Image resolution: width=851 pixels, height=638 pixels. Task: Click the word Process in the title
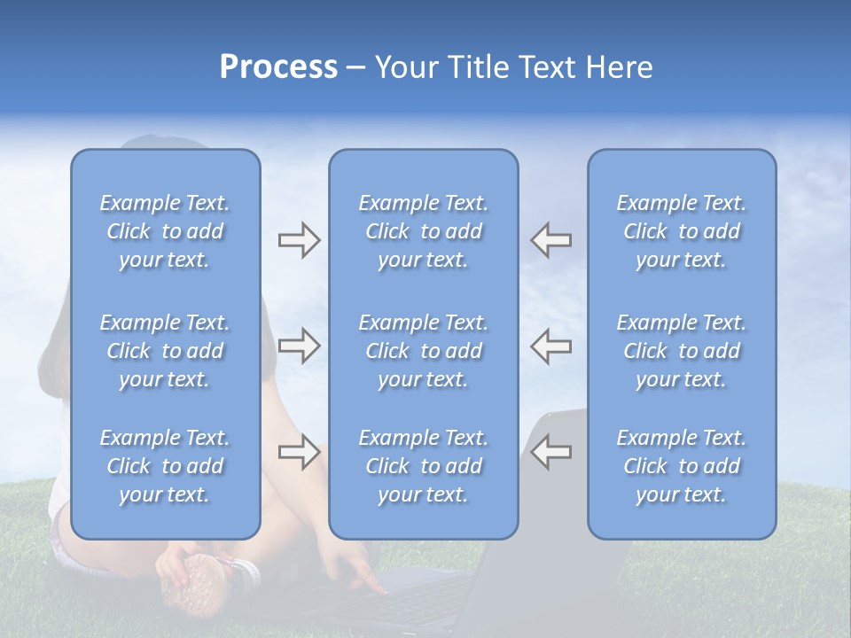[278, 67]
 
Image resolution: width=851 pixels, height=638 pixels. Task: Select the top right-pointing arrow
[299, 240]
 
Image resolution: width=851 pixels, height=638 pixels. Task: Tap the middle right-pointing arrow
[299, 346]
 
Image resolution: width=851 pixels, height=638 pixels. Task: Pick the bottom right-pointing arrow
[299, 452]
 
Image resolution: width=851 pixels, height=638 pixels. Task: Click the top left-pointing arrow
[550, 240]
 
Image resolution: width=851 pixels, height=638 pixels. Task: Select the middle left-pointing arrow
[550, 346]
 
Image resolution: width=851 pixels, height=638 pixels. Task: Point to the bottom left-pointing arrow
[550, 452]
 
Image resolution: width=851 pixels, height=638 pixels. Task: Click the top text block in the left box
[165, 231]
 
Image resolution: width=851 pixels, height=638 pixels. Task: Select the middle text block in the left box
[165, 351]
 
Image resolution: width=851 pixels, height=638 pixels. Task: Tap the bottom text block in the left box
[165, 466]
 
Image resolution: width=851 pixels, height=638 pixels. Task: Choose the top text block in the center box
[424, 231]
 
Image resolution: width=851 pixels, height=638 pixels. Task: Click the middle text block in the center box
[424, 351]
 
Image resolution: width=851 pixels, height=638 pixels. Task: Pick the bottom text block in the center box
[424, 466]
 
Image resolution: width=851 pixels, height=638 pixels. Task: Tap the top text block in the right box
[682, 231]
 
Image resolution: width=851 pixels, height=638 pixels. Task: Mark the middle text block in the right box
[682, 351]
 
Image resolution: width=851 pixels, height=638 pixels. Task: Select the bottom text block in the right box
[682, 466]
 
